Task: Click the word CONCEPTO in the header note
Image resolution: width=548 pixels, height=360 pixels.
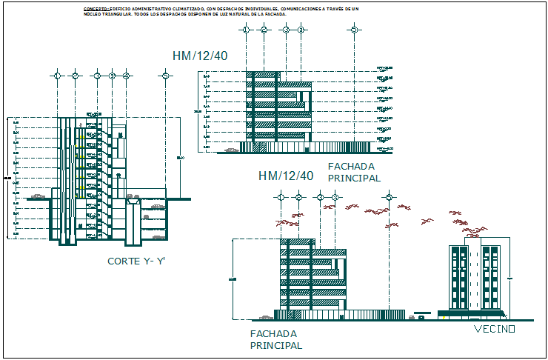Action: (96, 8)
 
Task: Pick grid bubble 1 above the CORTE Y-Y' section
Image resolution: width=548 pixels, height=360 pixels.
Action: (57, 76)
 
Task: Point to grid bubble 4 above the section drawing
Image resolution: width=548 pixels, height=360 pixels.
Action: (127, 76)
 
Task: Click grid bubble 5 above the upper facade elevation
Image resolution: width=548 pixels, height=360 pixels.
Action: (355, 30)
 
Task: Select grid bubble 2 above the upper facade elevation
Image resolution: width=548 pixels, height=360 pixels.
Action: (264, 30)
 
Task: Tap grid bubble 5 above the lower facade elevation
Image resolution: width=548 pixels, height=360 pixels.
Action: (390, 197)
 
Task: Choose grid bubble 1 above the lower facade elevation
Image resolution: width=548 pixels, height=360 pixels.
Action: (280, 197)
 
